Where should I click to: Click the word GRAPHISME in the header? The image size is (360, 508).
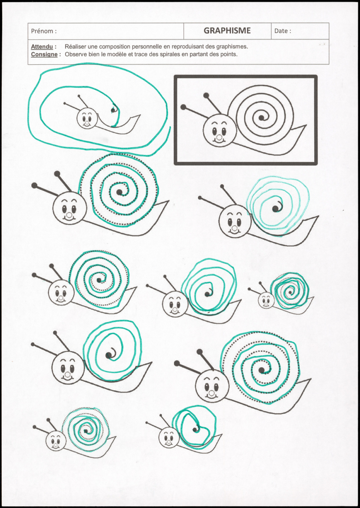[227, 31]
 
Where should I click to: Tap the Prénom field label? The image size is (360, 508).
[44, 31]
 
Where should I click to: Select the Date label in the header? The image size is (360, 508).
[283, 31]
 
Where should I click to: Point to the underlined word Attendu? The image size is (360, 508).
[42, 47]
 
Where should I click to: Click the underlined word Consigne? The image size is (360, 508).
[44, 54]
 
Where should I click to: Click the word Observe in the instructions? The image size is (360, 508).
[76, 54]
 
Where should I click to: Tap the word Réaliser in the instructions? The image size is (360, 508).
[76, 47]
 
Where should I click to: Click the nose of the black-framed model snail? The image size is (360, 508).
[219, 138]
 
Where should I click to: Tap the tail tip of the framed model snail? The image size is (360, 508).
[306, 126]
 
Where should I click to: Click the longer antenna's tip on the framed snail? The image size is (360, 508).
[183, 107]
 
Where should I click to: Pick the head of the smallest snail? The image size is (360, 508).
[266, 300]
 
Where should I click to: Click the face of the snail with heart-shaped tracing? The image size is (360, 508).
[169, 437]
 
